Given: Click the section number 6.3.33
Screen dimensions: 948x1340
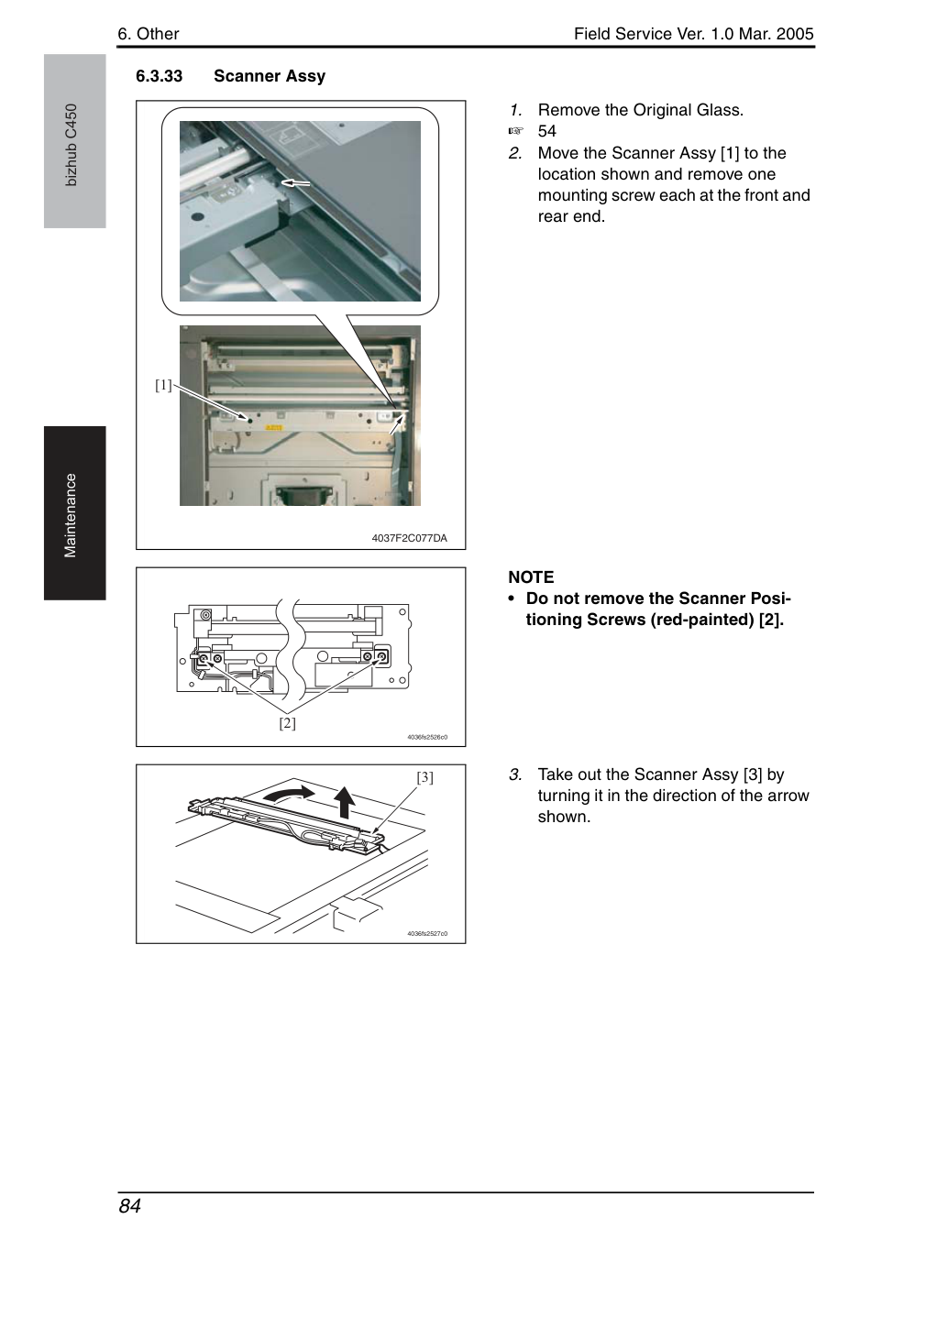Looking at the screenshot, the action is [160, 76].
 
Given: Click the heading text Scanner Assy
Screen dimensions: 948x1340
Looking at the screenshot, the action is [270, 77].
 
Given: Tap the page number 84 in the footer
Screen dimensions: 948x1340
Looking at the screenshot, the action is [130, 1205].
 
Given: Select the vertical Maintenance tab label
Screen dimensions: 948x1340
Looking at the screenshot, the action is [71, 515].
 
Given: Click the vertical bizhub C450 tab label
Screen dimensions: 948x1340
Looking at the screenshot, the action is [71, 145].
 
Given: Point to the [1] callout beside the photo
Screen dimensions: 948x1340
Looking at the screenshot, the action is [163, 385].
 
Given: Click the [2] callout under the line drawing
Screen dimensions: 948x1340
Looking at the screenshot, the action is [287, 722].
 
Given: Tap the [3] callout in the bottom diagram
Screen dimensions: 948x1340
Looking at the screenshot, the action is [424, 777].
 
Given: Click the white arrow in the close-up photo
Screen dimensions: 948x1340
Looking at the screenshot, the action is [295, 182].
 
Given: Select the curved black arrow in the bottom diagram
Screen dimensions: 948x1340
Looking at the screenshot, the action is [290, 793].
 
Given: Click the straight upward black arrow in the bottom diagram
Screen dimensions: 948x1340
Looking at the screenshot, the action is [344, 802].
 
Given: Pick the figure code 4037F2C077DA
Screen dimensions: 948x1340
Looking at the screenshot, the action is [409, 538].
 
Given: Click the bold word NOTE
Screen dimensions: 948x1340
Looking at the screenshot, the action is [531, 577].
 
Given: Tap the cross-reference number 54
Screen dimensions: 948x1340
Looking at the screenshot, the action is [547, 131].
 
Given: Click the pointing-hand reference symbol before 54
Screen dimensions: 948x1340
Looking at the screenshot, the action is [515, 131].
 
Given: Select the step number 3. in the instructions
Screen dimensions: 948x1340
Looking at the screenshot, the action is [515, 774].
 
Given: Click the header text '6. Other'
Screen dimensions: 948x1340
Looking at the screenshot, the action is [149, 34].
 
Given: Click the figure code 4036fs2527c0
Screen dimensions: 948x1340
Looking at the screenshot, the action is [427, 934].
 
